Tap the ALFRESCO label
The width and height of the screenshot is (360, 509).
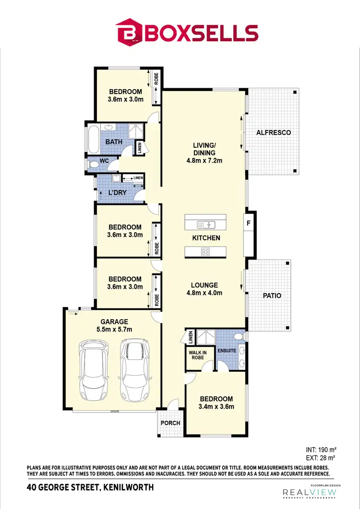pos(274,132)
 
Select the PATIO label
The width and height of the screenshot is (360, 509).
pos(272,296)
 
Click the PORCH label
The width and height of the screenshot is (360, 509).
pos(170,423)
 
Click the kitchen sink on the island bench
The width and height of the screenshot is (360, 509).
pos(206,225)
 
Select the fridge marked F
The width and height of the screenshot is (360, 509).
pos(248,223)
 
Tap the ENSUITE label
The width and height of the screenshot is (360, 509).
pos(227,351)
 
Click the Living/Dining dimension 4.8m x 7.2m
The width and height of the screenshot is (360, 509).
pos(204,161)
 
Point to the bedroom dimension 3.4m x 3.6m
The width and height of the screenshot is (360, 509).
pos(216,407)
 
